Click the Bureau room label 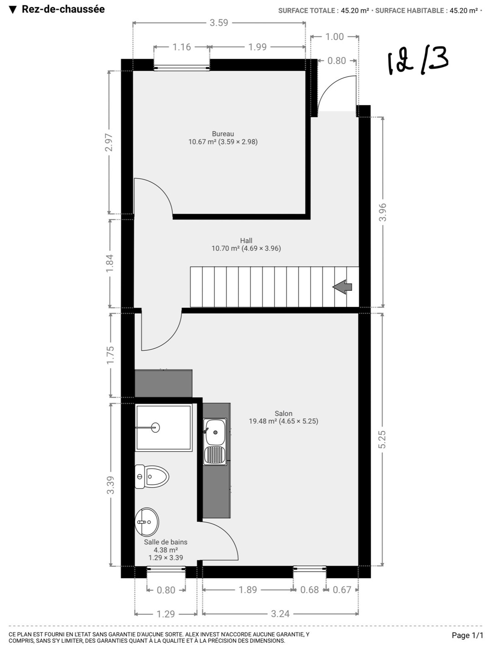[x=223, y=134]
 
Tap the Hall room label [x=246, y=241]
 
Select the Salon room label [x=283, y=413]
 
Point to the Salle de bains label [x=166, y=542]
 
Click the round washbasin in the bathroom [x=147, y=522]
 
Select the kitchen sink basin [x=215, y=432]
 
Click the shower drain [x=155, y=427]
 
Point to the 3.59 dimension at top [x=219, y=23]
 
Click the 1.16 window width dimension [x=181, y=47]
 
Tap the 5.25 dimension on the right [x=382, y=440]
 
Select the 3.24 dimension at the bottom [x=280, y=614]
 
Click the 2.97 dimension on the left [x=109, y=142]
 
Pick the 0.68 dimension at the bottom [x=309, y=590]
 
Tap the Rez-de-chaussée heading [x=63, y=9]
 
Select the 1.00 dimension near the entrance [x=335, y=37]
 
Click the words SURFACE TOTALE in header [x=307, y=10]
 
